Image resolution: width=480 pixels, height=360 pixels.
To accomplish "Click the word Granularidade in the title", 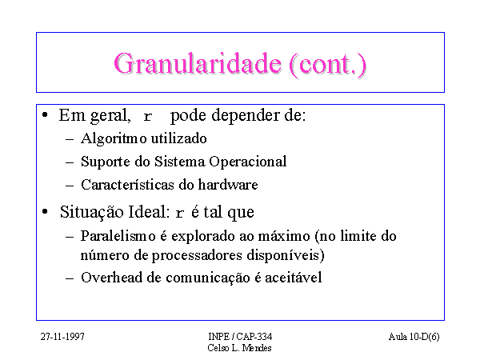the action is tap(198, 65).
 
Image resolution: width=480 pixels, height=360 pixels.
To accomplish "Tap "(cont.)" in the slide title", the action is tap(327, 65).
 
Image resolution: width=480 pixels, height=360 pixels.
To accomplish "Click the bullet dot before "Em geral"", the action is tap(45, 115).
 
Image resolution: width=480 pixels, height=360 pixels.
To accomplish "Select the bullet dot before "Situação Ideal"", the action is tap(45, 211).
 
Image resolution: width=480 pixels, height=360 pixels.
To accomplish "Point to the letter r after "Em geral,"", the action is tap(147, 116).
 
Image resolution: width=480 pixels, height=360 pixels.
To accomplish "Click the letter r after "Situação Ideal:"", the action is tap(180, 213).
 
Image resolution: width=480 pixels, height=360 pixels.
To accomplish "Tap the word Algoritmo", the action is tap(114, 138).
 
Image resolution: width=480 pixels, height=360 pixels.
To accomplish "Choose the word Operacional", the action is tap(248, 162).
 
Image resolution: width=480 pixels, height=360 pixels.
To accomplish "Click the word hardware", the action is tap(228, 185).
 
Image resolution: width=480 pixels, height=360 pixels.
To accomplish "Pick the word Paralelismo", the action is tap(118, 236).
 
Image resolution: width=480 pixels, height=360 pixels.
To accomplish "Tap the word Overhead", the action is tap(111, 278).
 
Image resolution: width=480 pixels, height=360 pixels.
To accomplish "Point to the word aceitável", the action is tap(294, 278).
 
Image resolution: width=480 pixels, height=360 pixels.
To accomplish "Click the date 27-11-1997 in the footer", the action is tap(62, 337).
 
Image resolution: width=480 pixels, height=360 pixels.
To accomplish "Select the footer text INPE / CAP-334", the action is tap(240, 337).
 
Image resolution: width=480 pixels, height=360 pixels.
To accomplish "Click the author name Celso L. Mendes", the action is tap(239, 348).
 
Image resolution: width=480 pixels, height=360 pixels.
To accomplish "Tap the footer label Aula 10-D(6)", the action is tap(414, 337).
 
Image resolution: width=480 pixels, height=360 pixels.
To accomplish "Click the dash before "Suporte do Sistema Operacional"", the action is tap(70, 162).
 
